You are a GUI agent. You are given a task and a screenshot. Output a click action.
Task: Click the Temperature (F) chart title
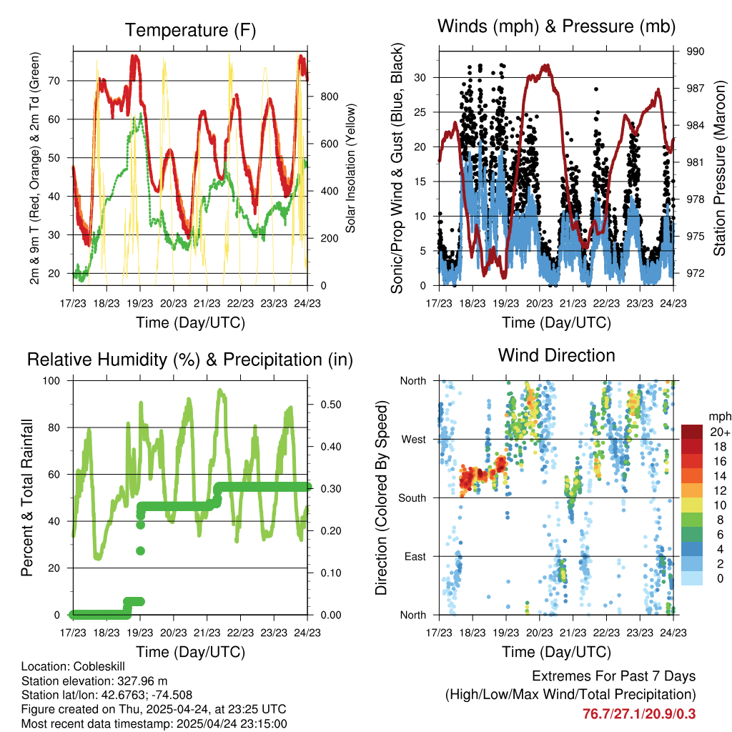coord(190,30)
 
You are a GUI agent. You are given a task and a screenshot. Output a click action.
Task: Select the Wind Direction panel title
coord(556,355)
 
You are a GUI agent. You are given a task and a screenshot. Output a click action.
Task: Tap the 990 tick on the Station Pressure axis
coord(696,51)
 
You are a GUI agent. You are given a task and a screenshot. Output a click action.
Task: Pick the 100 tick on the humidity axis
coord(51,381)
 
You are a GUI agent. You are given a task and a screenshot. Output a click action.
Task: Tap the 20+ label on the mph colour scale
coord(719,432)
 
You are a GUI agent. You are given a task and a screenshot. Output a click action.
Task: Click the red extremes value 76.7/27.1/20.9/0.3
coord(639,713)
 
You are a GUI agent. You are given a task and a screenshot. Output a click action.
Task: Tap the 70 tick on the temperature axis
coord(52,81)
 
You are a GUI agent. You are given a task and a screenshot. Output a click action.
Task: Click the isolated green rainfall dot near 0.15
coord(141,550)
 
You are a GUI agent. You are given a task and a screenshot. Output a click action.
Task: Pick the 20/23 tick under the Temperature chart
coord(174,303)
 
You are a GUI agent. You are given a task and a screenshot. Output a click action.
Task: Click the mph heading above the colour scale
coord(717,415)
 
